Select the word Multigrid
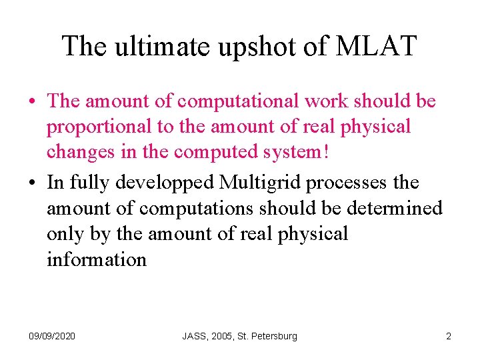point(259,183)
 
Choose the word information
point(97,259)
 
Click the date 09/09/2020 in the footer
point(51,336)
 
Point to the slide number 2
point(449,336)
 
